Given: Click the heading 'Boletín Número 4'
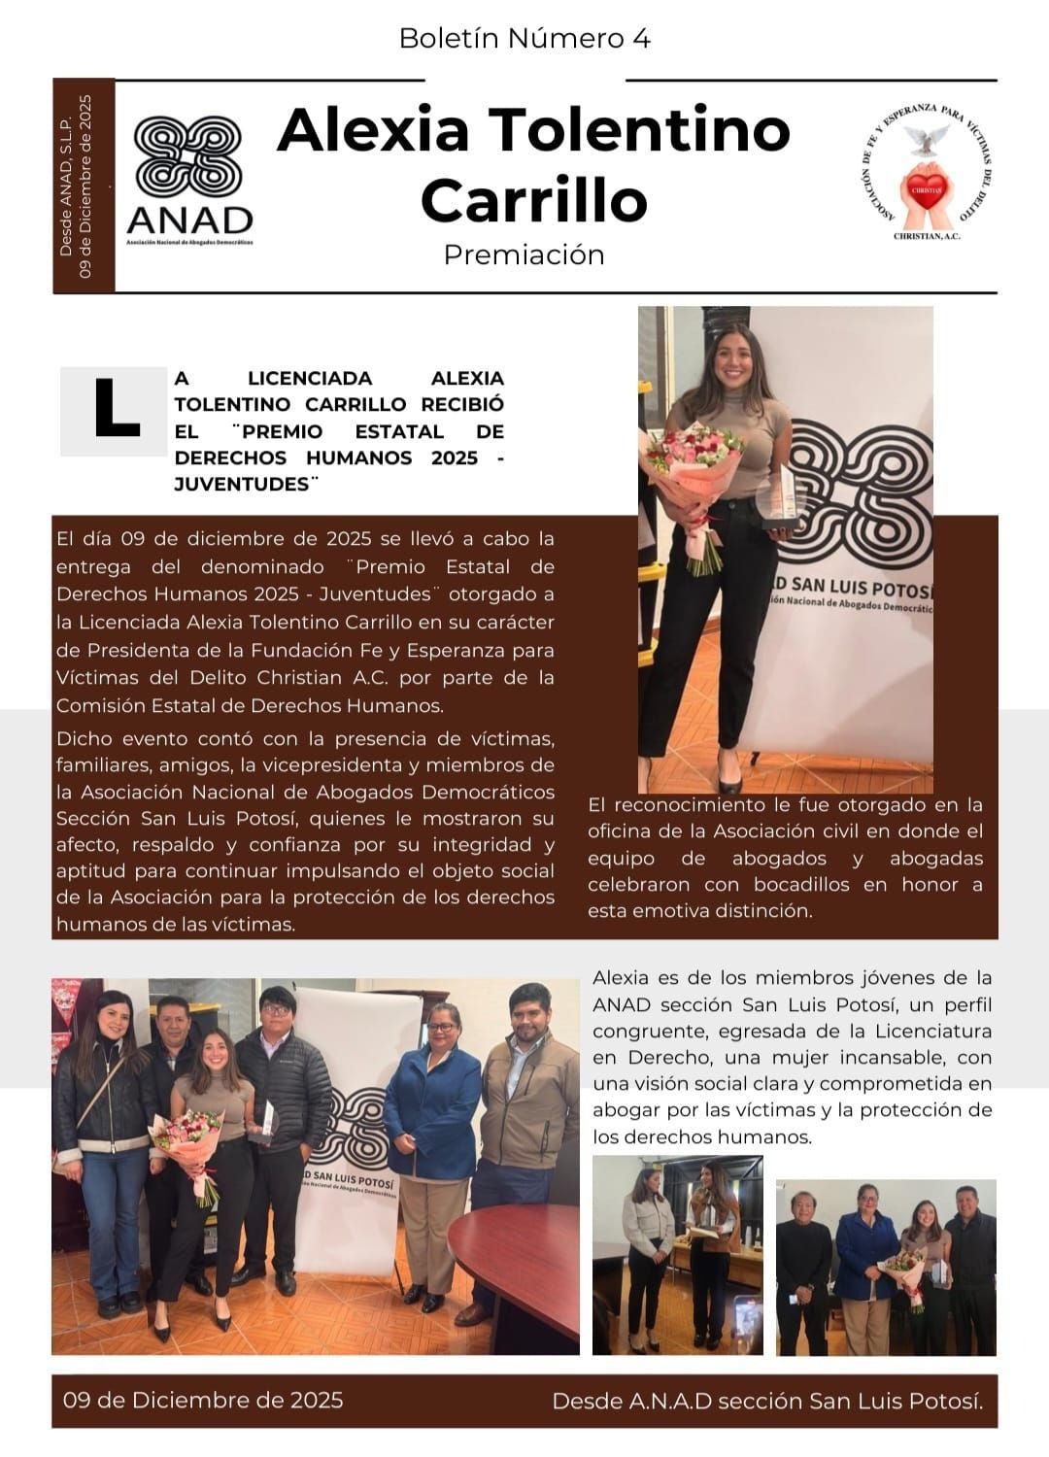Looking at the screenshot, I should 524,38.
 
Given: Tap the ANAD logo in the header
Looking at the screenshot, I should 188,180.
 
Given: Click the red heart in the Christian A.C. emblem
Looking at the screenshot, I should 929,185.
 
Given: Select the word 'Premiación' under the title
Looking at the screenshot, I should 524,254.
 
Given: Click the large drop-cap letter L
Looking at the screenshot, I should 115,410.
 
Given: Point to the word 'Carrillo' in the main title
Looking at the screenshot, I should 533,199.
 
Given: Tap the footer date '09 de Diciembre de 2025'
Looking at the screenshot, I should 203,1400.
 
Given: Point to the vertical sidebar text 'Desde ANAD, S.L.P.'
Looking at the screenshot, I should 66,185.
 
